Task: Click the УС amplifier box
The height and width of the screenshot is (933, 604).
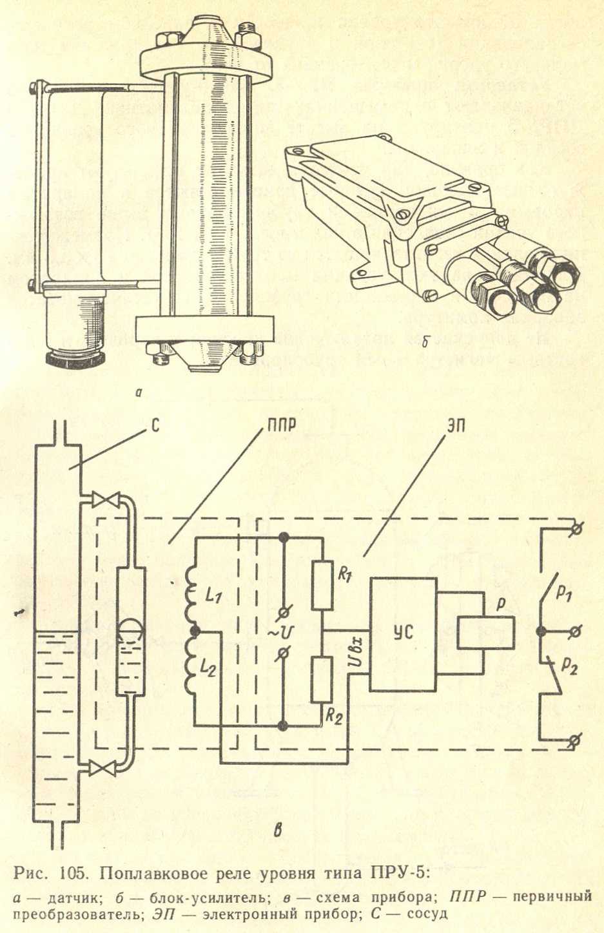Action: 403,633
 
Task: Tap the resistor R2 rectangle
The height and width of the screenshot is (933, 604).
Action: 322,679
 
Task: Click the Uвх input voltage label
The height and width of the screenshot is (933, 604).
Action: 358,652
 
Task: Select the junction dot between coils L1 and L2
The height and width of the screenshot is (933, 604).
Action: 193,631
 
